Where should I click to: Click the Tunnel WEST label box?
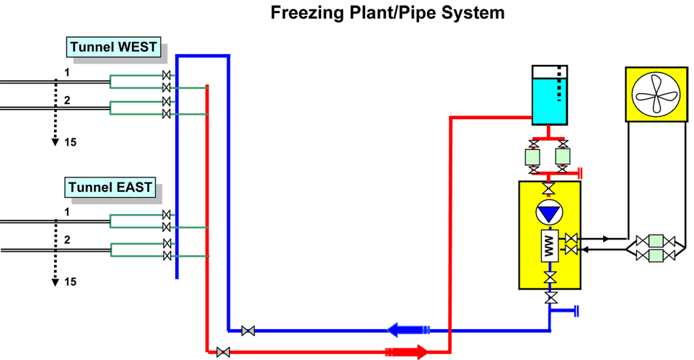pyautogui.click(x=114, y=48)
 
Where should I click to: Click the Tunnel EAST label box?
pyautogui.click(x=110, y=188)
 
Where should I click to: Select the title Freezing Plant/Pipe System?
pyautogui.click(x=387, y=13)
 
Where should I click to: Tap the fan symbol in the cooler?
pyautogui.click(x=656, y=94)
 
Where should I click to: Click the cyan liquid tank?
pyautogui.click(x=549, y=100)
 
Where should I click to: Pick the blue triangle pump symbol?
pyautogui.click(x=550, y=214)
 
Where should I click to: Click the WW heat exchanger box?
pyautogui.click(x=550, y=247)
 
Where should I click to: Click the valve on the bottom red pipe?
pyautogui.click(x=223, y=352)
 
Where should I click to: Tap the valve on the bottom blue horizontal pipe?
pyautogui.click(x=248, y=331)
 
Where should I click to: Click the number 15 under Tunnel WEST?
pyautogui.click(x=70, y=142)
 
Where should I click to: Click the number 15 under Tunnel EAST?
pyautogui.click(x=70, y=281)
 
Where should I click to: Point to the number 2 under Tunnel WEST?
pyautogui.click(x=67, y=100)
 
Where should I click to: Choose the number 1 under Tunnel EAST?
pyautogui.click(x=67, y=212)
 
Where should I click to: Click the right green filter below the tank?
pyautogui.click(x=563, y=157)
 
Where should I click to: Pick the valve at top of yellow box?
pyautogui.click(x=550, y=190)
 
